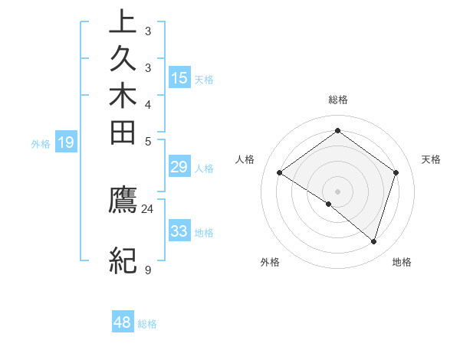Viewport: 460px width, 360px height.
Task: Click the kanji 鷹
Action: (x=123, y=200)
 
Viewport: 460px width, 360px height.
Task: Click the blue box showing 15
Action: (x=179, y=77)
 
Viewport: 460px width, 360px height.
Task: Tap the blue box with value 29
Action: (x=179, y=168)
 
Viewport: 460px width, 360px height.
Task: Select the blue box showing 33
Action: (x=179, y=231)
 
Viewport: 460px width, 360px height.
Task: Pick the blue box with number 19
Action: (x=67, y=142)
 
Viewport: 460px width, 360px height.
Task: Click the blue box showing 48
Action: (x=123, y=322)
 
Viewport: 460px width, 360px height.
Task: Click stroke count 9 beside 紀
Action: (x=147, y=270)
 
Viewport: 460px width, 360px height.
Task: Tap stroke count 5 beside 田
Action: (x=147, y=141)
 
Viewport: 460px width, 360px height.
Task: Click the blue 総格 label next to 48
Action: (x=147, y=324)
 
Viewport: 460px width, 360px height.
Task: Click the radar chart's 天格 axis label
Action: (x=431, y=159)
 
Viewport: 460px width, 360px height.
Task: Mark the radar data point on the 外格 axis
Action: (x=329, y=205)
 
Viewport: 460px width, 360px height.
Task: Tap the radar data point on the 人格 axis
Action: (x=280, y=173)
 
